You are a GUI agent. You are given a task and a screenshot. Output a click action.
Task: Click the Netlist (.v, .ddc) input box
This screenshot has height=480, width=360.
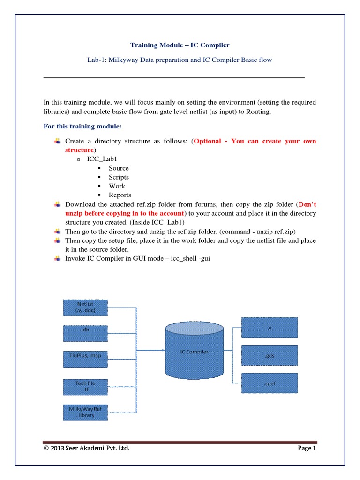coord(85,307)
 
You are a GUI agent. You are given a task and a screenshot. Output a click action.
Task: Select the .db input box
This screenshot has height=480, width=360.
coord(85,333)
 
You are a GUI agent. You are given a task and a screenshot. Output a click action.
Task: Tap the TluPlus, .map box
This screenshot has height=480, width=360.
coord(85,359)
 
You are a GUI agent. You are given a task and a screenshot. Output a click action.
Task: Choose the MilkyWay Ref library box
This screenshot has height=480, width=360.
coord(85,412)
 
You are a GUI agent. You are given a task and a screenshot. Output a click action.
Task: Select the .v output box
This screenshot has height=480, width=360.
coord(270,328)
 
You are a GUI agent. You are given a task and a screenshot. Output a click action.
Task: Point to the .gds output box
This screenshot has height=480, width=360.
coord(270,355)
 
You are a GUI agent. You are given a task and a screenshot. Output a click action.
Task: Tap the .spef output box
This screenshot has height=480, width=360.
coord(270,383)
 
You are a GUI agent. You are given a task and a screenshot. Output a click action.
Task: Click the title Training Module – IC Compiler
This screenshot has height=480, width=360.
coord(180,45)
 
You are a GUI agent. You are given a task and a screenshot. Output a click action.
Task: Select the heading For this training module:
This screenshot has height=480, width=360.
coord(82,126)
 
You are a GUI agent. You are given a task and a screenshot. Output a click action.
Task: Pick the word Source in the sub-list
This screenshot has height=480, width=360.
coord(119,168)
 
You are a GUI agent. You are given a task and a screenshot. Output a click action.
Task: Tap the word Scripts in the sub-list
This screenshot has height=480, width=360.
coord(119,177)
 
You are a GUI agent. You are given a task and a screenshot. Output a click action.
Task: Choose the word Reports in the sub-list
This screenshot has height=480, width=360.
coord(120,195)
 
